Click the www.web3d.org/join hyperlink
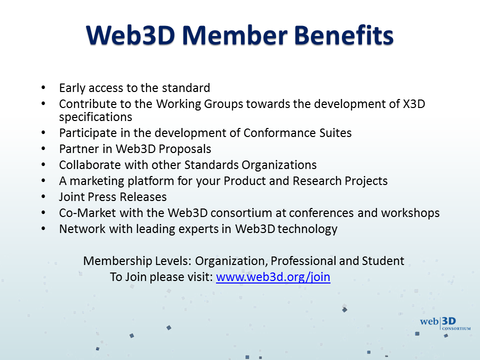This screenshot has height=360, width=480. click(x=273, y=277)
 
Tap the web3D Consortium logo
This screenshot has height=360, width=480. click(x=445, y=323)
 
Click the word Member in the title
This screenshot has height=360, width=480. click(x=235, y=35)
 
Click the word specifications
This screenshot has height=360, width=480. click(x=95, y=117)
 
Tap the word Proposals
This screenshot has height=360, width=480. click(x=185, y=149)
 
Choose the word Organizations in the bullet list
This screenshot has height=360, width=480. click(x=279, y=165)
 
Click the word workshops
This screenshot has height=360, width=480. click(x=410, y=213)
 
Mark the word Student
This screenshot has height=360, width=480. click(x=383, y=261)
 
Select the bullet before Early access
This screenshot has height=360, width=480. click(x=43, y=88)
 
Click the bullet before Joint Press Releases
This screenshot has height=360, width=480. click(x=43, y=197)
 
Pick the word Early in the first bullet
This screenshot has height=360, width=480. click(x=72, y=88)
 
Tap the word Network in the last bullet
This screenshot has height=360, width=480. click(x=82, y=229)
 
